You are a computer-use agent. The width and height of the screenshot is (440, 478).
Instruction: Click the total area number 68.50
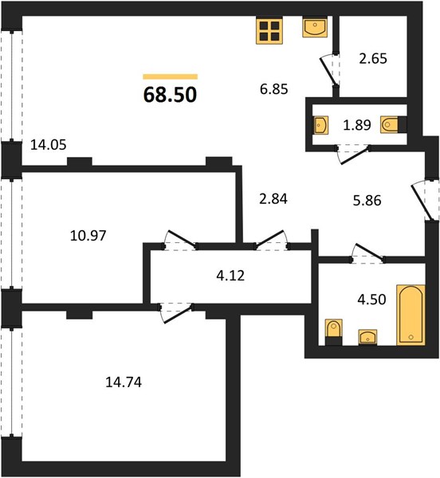pyautogui.click(x=170, y=95)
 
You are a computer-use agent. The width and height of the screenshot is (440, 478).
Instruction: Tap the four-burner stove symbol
pyautogui.click(x=269, y=31)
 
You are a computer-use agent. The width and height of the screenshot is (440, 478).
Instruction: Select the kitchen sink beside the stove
pyautogui.click(x=315, y=27)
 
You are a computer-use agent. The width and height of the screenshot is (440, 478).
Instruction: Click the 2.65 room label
pyautogui.click(x=373, y=58)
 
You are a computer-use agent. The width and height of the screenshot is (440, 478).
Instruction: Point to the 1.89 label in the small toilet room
pyautogui.click(x=357, y=125)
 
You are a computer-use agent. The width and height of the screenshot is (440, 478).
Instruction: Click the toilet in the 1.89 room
pyautogui.click(x=390, y=125)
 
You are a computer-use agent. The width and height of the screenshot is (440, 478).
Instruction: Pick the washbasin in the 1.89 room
pyautogui.click(x=321, y=125)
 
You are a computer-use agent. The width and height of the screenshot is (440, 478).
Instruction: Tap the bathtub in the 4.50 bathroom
pyautogui.click(x=411, y=315)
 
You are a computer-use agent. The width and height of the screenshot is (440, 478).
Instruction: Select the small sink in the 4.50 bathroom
pyautogui.click(x=367, y=337)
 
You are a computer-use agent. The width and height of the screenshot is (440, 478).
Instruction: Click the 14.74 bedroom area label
pyautogui.click(x=124, y=382)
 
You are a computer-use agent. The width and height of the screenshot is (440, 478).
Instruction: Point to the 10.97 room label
pyautogui.click(x=88, y=236)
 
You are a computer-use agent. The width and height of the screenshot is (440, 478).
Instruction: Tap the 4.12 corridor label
pyautogui.click(x=230, y=276)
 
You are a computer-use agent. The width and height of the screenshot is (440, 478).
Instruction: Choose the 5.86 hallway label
pyautogui.click(x=367, y=201)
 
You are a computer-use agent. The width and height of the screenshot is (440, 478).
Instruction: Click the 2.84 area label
pyautogui.click(x=273, y=199)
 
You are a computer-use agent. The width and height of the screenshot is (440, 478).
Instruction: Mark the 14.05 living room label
pyautogui.click(x=49, y=145)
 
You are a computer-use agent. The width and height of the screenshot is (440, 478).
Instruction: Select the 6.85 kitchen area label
pyautogui.click(x=274, y=89)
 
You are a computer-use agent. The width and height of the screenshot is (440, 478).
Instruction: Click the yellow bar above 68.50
pyautogui.click(x=170, y=76)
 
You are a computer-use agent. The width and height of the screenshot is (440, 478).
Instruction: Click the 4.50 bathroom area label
pyautogui.click(x=371, y=300)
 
